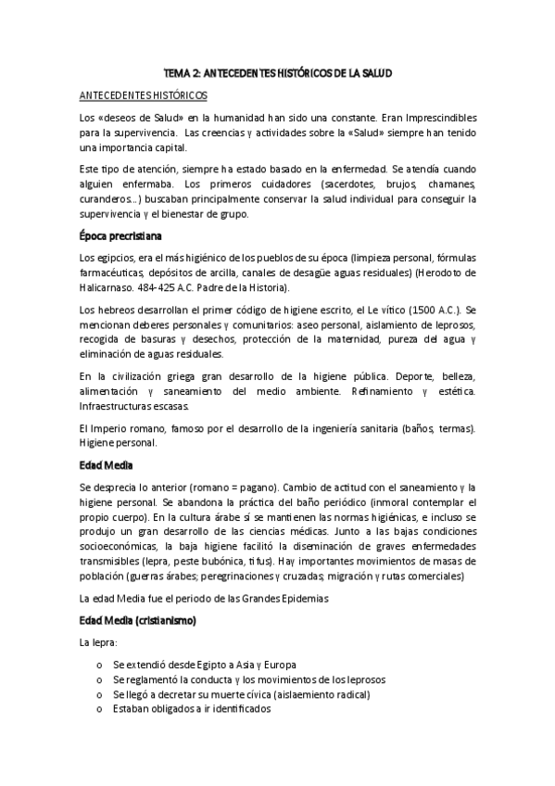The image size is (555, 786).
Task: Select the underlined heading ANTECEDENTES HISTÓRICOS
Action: [144, 95]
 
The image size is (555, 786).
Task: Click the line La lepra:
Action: [100, 642]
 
